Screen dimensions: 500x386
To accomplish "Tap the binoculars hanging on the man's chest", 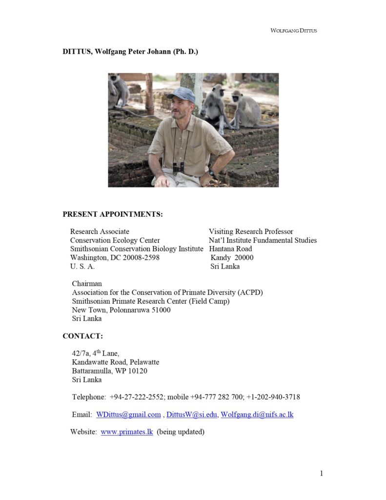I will point(179,167).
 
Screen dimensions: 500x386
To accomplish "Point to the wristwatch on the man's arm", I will point(212,173).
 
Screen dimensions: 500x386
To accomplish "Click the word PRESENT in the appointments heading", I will point(80,214).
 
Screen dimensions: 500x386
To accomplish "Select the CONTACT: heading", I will point(82,336).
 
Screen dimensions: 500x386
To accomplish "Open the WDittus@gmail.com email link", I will point(128,415).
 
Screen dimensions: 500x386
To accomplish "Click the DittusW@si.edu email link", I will point(192,415).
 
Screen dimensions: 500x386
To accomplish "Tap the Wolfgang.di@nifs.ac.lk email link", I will point(257,415).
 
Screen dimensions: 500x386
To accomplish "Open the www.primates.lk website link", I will point(127,432).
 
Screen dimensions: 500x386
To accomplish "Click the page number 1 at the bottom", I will point(322,473).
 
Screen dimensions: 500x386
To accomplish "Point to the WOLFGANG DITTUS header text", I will point(294,31).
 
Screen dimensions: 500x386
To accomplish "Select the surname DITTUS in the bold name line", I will point(77,52).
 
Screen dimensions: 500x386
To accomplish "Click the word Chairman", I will point(87,284).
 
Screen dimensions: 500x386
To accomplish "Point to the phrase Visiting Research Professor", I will point(251,231).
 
